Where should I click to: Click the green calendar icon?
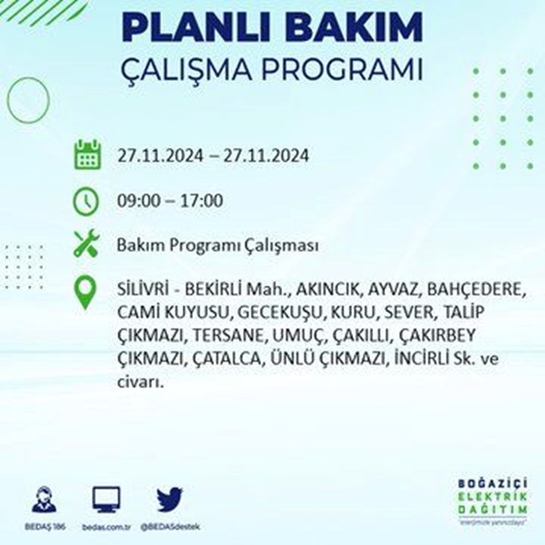[x=88, y=155]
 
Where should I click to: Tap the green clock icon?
[x=86, y=201]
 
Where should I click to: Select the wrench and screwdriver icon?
[x=87, y=243]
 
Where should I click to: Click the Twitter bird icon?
[x=169, y=499]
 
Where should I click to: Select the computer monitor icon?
[x=106, y=499]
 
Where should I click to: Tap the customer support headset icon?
[x=44, y=499]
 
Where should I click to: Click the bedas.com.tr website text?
[x=106, y=527]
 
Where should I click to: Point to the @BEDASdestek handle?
[x=170, y=527]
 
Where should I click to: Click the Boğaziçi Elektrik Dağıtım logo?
[x=492, y=500]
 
